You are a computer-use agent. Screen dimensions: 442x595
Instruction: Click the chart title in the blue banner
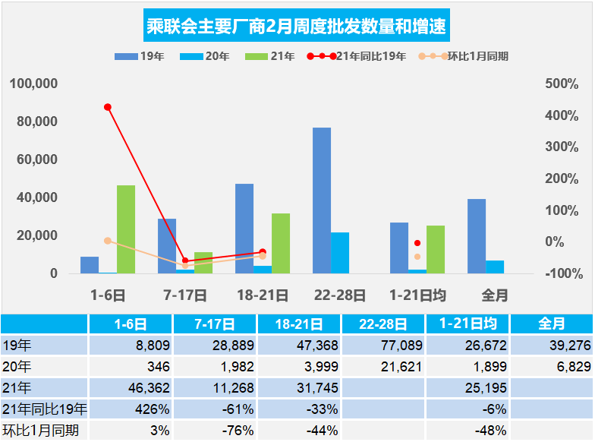pyautogui.click(x=297, y=28)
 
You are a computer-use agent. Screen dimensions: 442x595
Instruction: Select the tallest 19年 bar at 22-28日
pyautogui.click(x=322, y=200)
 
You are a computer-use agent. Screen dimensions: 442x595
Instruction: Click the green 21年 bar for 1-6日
pyautogui.click(x=126, y=229)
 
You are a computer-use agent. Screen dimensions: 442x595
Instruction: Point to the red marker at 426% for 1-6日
pyautogui.click(x=108, y=107)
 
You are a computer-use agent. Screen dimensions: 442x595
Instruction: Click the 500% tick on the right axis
pyautogui.click(x=562, y=84)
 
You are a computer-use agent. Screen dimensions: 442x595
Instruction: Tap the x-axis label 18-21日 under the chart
pyautogui.click(x=263, y=295)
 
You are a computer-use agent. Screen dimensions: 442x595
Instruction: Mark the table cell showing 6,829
pyautogui.click(x=552, y=368)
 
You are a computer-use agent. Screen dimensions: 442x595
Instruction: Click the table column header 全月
pyautogui.click(x=551, y=324)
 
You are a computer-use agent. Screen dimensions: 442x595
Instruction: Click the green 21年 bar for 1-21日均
pyautogui.click(x=436, y=249)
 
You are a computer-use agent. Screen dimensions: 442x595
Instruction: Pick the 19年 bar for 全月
pyautogui.click(x=477, y=236)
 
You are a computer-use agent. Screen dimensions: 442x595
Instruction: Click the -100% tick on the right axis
pyautogui.click(x=562, y=273)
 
